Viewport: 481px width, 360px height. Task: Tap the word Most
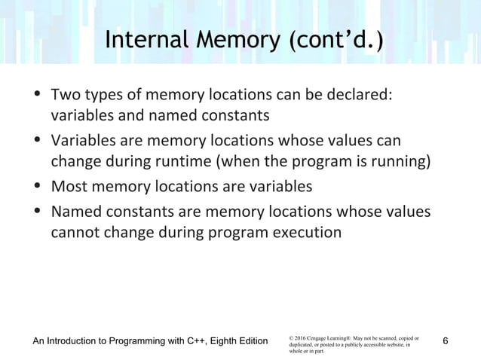click(x=66, y=185)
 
